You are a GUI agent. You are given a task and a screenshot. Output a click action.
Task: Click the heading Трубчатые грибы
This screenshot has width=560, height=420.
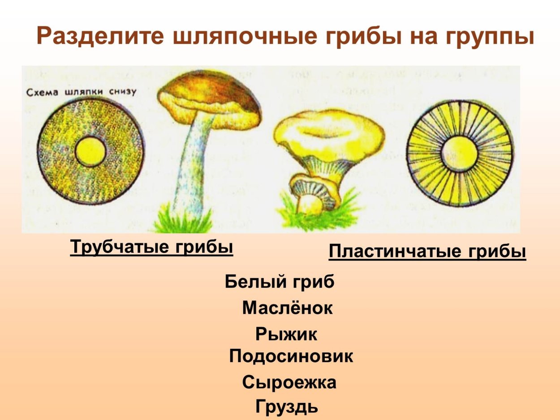151,247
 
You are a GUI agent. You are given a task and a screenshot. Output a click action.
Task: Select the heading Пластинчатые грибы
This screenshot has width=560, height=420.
427,252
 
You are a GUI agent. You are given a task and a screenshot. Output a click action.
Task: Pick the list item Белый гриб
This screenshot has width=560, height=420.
280,282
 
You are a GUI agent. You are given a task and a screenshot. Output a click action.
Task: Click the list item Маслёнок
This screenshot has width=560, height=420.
287,308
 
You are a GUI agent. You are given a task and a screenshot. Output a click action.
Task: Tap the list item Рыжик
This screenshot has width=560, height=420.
286,334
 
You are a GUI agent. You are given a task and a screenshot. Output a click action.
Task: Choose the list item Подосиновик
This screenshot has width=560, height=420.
291,356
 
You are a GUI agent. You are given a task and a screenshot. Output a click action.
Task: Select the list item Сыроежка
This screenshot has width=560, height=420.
289,383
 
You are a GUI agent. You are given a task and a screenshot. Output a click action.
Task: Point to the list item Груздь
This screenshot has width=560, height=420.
287,407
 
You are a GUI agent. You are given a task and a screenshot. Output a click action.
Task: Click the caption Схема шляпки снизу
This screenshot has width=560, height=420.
81,92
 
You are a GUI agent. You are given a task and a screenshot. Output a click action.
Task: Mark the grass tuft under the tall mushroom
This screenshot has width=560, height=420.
179,219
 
